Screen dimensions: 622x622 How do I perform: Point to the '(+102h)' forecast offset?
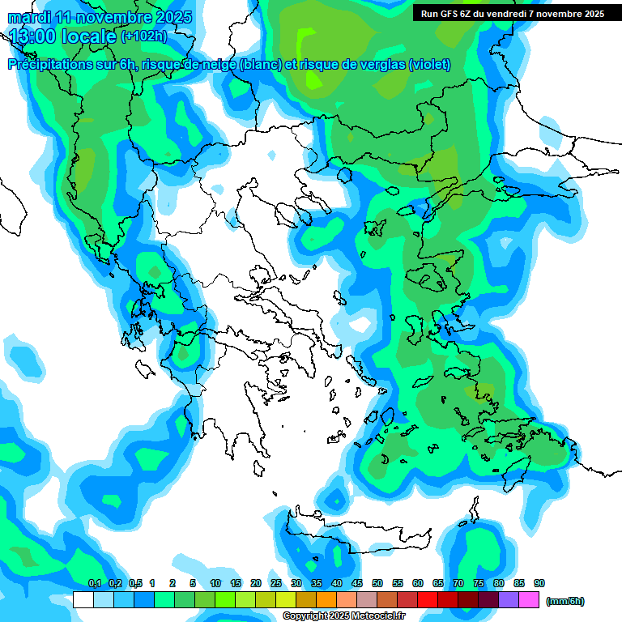[x=144, y=36]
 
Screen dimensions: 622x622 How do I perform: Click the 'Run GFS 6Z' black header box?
[x=512, y=14]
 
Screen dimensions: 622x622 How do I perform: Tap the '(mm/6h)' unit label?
[x=564, y=601]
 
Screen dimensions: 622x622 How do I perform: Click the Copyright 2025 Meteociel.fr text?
[x=343, y=616]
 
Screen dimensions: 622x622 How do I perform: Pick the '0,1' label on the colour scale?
[x=94, y=583]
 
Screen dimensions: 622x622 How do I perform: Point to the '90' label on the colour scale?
[x=539, y=583]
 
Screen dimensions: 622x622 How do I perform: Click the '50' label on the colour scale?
[x=377, y=583]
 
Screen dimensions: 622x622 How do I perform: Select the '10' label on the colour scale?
[x=215, y=583]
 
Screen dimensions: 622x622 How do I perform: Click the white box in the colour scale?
[x=83, y=600]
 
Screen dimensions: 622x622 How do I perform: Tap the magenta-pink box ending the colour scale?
[x=530, y=600]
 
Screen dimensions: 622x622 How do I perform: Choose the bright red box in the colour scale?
[x=428, y=600]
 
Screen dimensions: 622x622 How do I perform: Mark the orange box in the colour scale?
[x=326, y=600]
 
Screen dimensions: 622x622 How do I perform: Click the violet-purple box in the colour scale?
[x=509, y=600]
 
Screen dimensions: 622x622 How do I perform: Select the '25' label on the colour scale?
[x=276, y=583]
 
